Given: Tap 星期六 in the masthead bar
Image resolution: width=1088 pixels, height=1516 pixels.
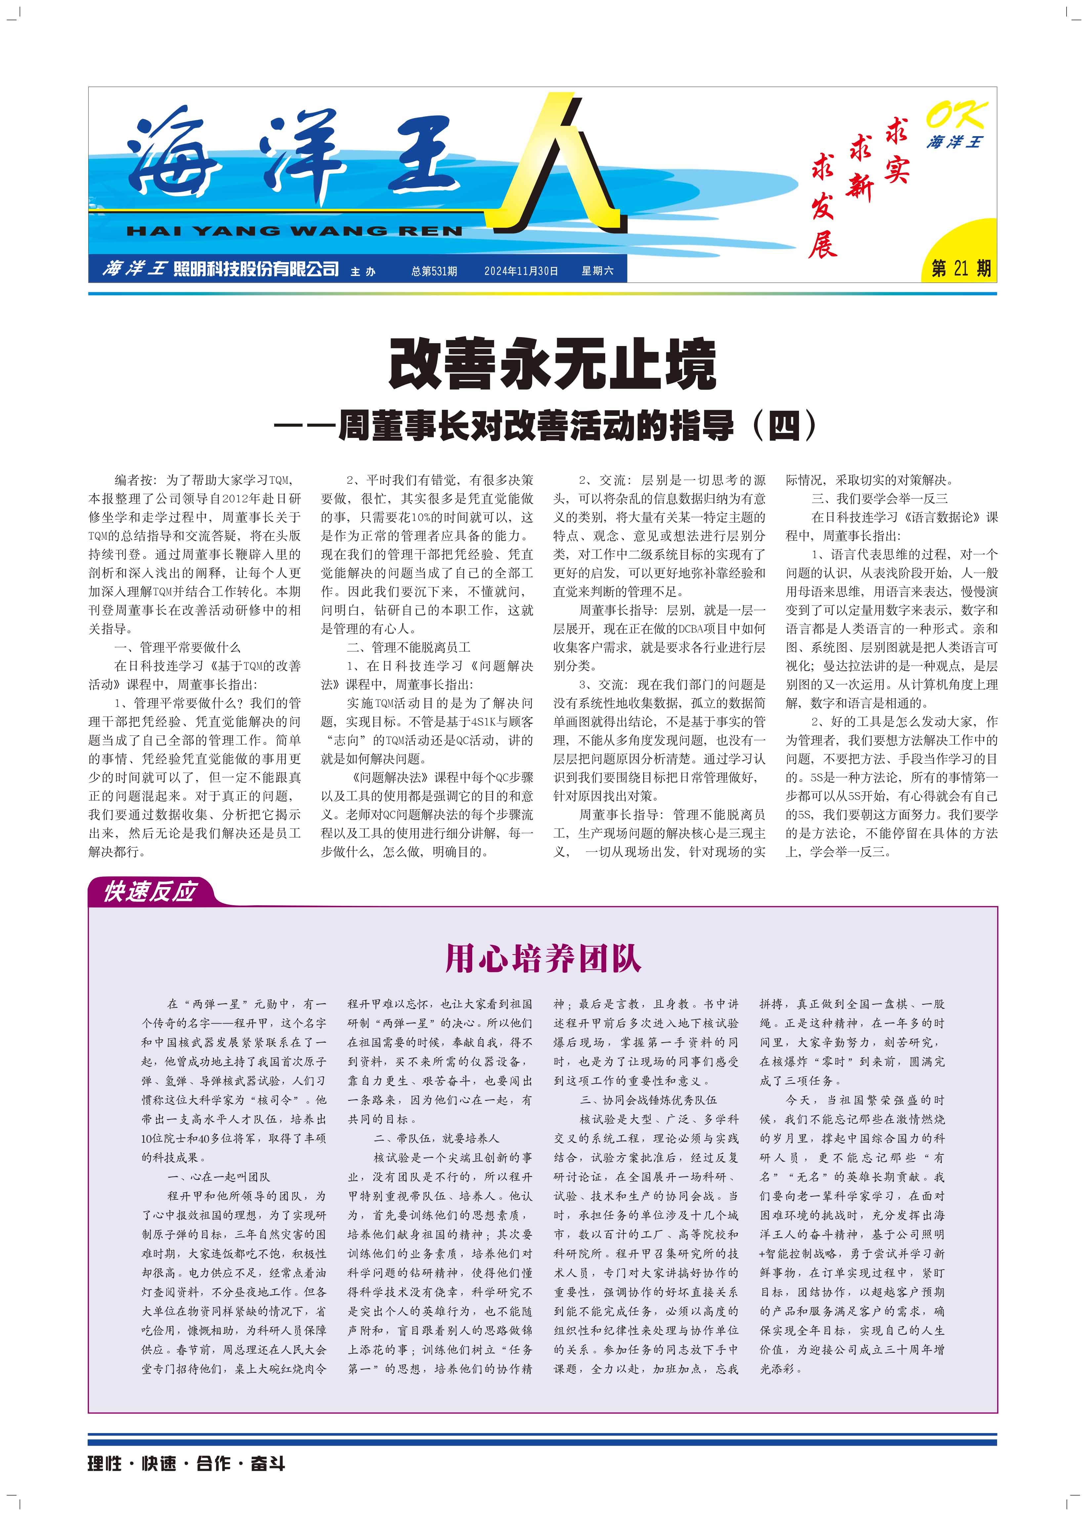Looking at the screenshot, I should point(597,271).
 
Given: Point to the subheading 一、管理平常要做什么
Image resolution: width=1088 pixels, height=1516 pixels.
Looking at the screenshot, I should point(177,647).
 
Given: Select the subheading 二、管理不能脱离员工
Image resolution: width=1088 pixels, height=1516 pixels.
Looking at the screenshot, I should point(409,647).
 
